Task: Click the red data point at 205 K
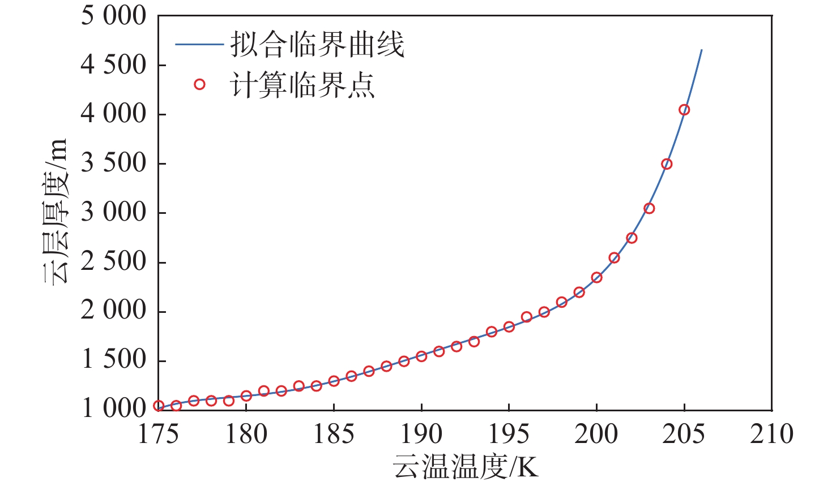coord(684,110)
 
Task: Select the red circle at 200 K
coord(596,277)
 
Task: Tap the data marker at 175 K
coord(159,406)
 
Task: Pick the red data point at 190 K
coord(421,356)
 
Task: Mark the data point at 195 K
coord(509,326)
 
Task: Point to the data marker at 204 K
coord(667,164)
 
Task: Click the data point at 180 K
coord(246,395)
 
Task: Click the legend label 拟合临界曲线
coord(317,45)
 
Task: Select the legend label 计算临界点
coord(302,85)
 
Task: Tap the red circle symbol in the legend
coord(199,85)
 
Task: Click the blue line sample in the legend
coord(199,44)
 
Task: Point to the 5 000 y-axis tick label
coord(114,16)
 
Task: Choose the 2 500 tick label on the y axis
coord(114,262)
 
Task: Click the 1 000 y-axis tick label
coord(114,408)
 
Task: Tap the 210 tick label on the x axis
coord(771,434)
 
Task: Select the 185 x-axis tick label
coord(334,434)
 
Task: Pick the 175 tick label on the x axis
coord(159,434)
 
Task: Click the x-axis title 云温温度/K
coord(465,467)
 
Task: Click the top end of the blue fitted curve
coord(702,50)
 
